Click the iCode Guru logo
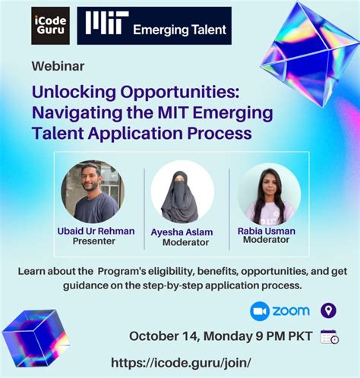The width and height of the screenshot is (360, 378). (50, 25)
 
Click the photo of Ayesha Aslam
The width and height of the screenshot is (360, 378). (182, 191)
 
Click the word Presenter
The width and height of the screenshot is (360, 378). (93, 241)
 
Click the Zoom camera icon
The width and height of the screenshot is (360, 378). (260, 311)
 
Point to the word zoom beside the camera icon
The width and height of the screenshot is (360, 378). (292, 311)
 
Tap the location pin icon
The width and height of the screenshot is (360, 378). (327, 310)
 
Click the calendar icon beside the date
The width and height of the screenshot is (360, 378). (330, 336)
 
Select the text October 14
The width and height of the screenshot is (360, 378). (162, 336)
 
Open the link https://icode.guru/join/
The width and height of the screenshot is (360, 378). (181, 363)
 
